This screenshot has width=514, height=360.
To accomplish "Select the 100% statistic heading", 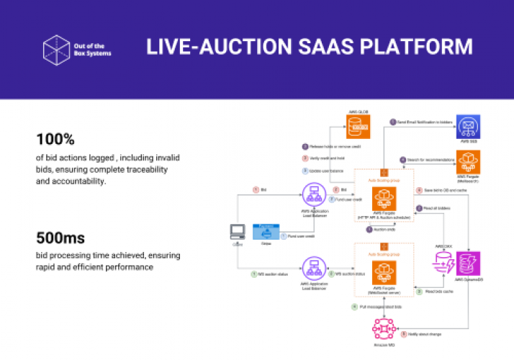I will coord(55,138).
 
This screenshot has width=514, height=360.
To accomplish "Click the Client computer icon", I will coord(237,232).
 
